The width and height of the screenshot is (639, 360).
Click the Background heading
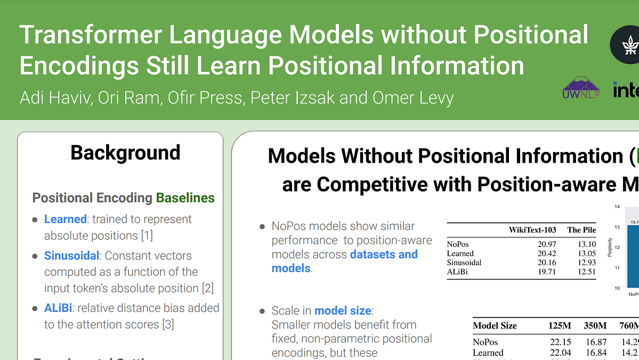pos(125,153)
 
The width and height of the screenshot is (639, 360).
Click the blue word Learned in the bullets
pos(65,219)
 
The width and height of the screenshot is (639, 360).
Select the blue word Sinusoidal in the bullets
pos(71,255)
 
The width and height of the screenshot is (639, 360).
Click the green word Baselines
pos(185,198)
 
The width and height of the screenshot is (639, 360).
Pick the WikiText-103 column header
pos(532,230)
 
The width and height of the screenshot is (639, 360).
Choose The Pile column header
pos(581,230)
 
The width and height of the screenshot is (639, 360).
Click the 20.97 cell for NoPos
pos(547,244)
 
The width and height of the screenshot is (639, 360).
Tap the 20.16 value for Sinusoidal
pos(547,262)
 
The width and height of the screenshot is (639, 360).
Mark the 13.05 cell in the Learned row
pos(587,253)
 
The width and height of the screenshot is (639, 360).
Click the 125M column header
pos(560,325)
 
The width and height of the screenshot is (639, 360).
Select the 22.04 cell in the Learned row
pos(560,353)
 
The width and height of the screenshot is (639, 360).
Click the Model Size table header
pos(495,325)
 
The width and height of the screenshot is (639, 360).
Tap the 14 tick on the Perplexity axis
pos(617,207)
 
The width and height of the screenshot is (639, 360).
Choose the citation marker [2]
pos(207,289)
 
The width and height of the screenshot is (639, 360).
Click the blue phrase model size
pos(343,310)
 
